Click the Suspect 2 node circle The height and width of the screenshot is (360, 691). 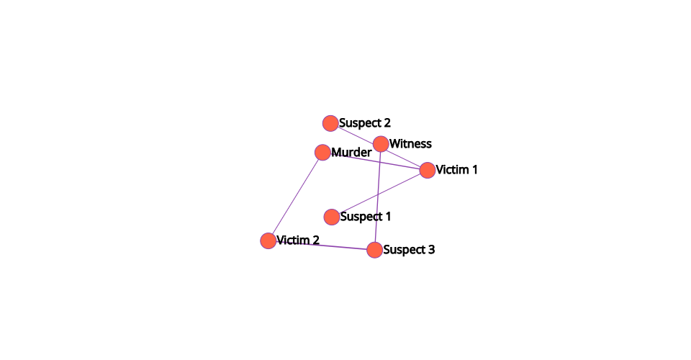point(330,123)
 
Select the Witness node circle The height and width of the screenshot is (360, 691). point(381,144)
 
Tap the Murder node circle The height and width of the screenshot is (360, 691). point(322,153)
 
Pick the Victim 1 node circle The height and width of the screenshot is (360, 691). point(428,170)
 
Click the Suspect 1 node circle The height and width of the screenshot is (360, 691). point(332,217)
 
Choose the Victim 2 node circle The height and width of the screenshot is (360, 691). point(268,240)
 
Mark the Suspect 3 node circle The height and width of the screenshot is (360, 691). point(374,250)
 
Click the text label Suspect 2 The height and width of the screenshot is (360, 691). point(365,123)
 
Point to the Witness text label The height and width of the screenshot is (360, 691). point(410,144)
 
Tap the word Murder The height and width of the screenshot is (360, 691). point(351,153)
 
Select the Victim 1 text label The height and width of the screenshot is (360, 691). point(456,170)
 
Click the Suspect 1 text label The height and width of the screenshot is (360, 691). point(366,217)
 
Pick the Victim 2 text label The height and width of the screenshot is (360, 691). point(298,240)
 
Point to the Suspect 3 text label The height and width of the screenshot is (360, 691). point(409,250)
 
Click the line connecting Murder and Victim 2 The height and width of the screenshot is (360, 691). point(295,197)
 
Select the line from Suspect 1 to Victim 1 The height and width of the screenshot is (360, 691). point(379,194)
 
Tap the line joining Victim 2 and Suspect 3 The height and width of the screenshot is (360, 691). point(321,245)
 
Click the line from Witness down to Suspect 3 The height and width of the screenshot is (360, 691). point(378,197)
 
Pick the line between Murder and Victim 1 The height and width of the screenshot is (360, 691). point(375,161)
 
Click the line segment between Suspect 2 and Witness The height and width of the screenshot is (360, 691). point(356,133)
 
